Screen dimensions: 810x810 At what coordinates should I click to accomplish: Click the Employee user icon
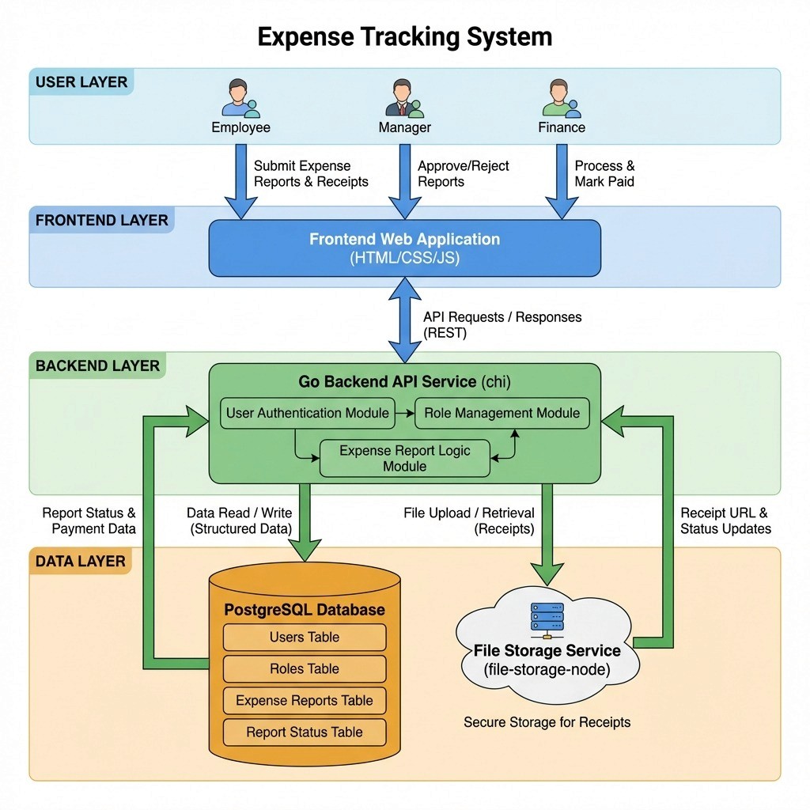pos(240,98)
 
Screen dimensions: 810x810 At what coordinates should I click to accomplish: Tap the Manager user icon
pos(404,98)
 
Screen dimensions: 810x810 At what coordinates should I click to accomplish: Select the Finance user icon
pos(562,98)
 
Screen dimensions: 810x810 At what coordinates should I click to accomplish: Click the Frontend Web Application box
pos(404,248)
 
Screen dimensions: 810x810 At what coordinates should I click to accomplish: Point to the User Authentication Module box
pos(308,413)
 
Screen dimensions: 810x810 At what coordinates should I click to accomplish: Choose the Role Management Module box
pos(502,413)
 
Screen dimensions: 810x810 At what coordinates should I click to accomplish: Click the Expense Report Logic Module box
pos(404,458)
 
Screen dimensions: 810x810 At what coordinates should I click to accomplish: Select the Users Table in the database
pos(305,637)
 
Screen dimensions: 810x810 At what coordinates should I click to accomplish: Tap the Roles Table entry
pos(305,669)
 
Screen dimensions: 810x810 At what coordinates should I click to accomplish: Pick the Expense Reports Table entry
pos(305,701)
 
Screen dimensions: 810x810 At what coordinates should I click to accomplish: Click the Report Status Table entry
pos(305,732)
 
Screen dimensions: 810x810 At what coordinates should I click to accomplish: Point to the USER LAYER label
pos(81,82)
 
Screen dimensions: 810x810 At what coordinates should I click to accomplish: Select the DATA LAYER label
pos(80,562)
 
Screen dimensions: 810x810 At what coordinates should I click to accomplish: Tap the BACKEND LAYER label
pos(97,365)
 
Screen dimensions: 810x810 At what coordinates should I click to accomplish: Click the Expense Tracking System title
pos(404,37)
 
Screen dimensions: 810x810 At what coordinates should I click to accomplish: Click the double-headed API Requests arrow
pos(404,320)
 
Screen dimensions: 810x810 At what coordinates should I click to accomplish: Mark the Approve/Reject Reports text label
pos(463,173)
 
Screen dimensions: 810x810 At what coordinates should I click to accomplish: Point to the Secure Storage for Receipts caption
pos(547,722)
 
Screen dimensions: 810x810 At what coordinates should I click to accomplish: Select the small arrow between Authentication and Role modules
pos(405,413)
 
